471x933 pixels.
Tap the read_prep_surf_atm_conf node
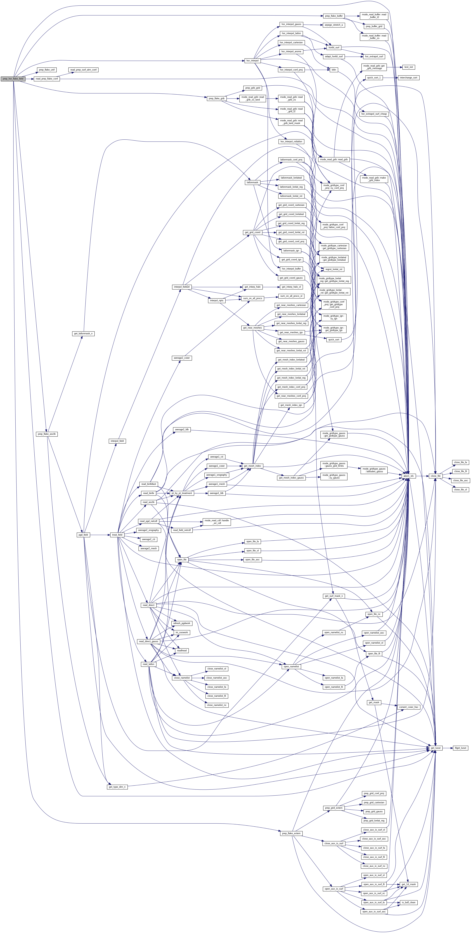pyautogui.click(x=84, y=70)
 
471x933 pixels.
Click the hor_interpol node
pyautogui.click(x=252, y=60)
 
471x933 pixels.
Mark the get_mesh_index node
pyautogui.click(x=252, y=466)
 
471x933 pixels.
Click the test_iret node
pyautogui.click(x=409, y=67)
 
